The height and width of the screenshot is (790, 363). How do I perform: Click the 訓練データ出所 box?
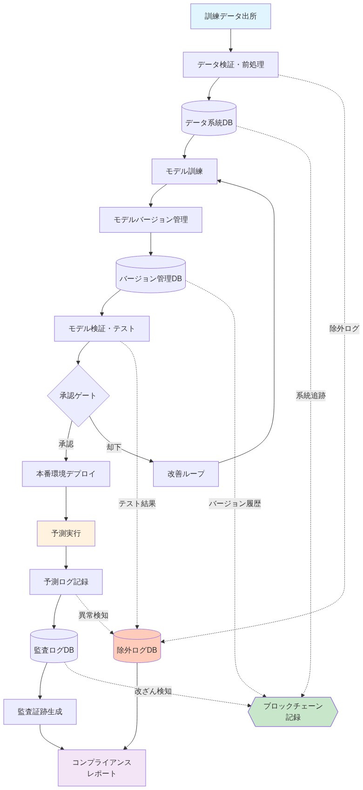[230, 16]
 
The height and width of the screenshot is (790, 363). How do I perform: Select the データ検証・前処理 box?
[230, 65]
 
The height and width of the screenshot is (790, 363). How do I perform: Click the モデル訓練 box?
[184, 171]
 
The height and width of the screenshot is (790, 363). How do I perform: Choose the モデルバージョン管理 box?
[150, 220]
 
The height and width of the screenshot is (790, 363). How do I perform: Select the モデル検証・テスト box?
[101, 329]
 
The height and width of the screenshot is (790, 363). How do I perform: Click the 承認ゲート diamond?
[78, 396]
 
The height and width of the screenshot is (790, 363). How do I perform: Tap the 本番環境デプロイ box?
[66, 474]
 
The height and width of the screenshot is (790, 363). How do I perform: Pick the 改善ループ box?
[186, 474]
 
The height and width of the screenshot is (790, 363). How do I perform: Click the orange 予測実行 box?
[66, 533]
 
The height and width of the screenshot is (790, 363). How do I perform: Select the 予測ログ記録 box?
[66, 582]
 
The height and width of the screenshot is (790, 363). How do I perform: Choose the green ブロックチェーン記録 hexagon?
[293, 712]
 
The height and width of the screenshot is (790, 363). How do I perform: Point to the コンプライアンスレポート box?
[101, 768]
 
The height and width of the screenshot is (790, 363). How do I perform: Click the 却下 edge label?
[114, 447]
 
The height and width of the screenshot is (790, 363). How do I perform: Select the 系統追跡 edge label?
[311, 396]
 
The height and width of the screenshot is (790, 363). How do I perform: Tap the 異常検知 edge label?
[94, 615]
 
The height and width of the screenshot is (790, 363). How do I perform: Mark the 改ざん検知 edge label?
[153, 691]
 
